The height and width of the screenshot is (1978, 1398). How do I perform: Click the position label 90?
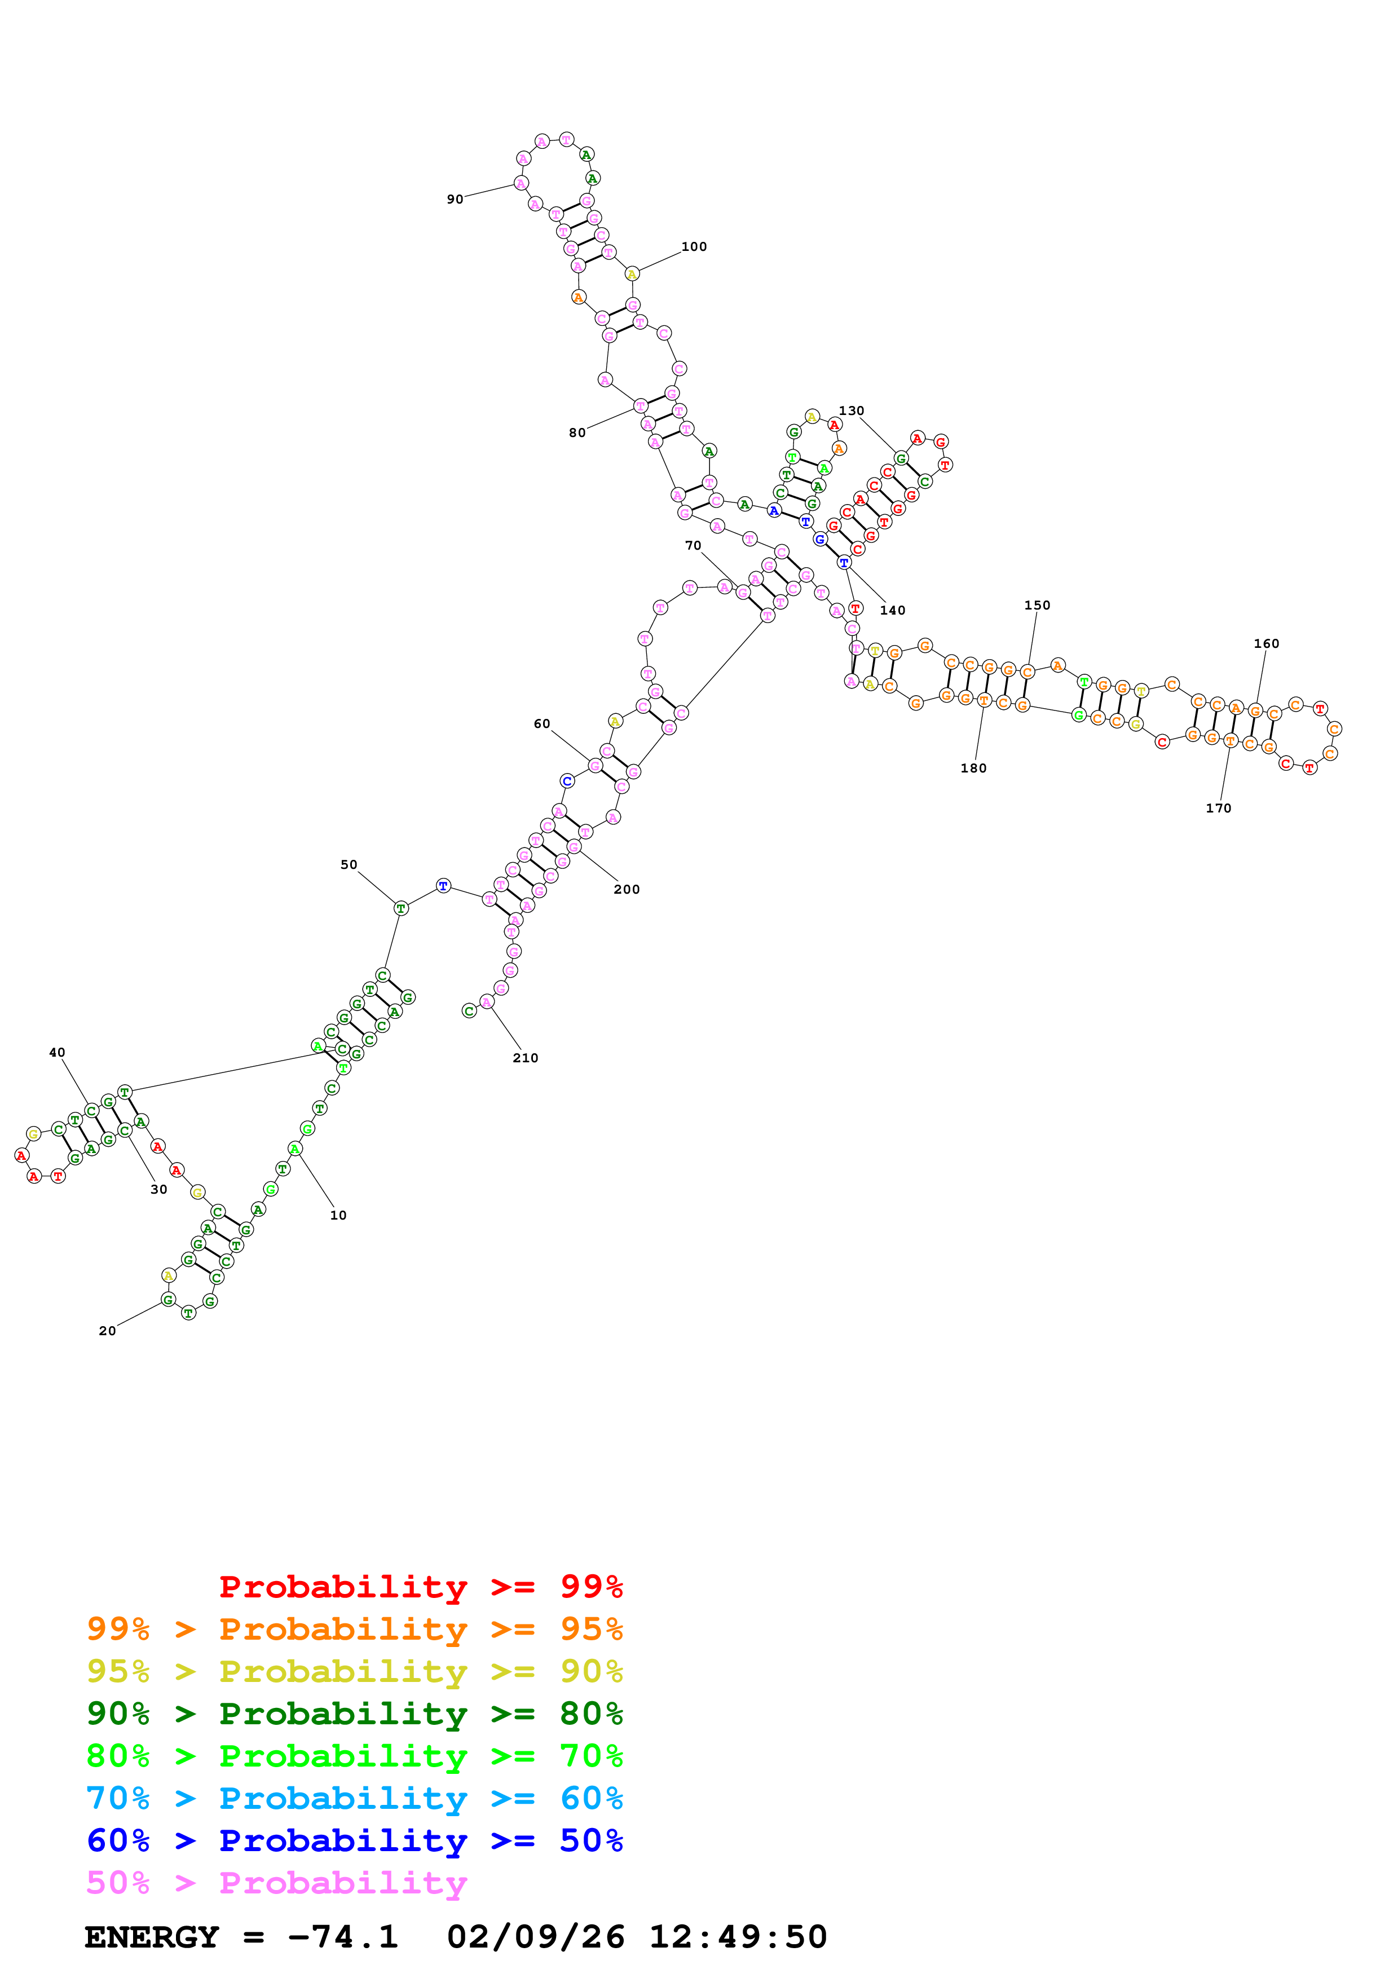[x=455, y=200]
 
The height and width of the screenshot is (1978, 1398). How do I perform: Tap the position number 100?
[x=694, y=247]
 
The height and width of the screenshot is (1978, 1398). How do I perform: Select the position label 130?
[x=851, y=411]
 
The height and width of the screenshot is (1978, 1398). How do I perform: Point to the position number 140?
[x=892, y=611]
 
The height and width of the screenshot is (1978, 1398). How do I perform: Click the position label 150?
[x=1037, y=606]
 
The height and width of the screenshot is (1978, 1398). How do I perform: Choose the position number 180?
[x=973, y=769]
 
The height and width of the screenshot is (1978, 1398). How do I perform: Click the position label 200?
[x=626, y=890]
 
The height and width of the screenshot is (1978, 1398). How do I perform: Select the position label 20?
[x=108, y=1331]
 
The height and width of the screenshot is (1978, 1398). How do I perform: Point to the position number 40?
[x=57, y=1053]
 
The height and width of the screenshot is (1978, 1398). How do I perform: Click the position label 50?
[x=349, y=865]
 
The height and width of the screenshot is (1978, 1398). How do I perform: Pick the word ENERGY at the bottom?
[x=152, y=1937]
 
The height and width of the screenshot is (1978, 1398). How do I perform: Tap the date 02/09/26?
[x=535, y=1937]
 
